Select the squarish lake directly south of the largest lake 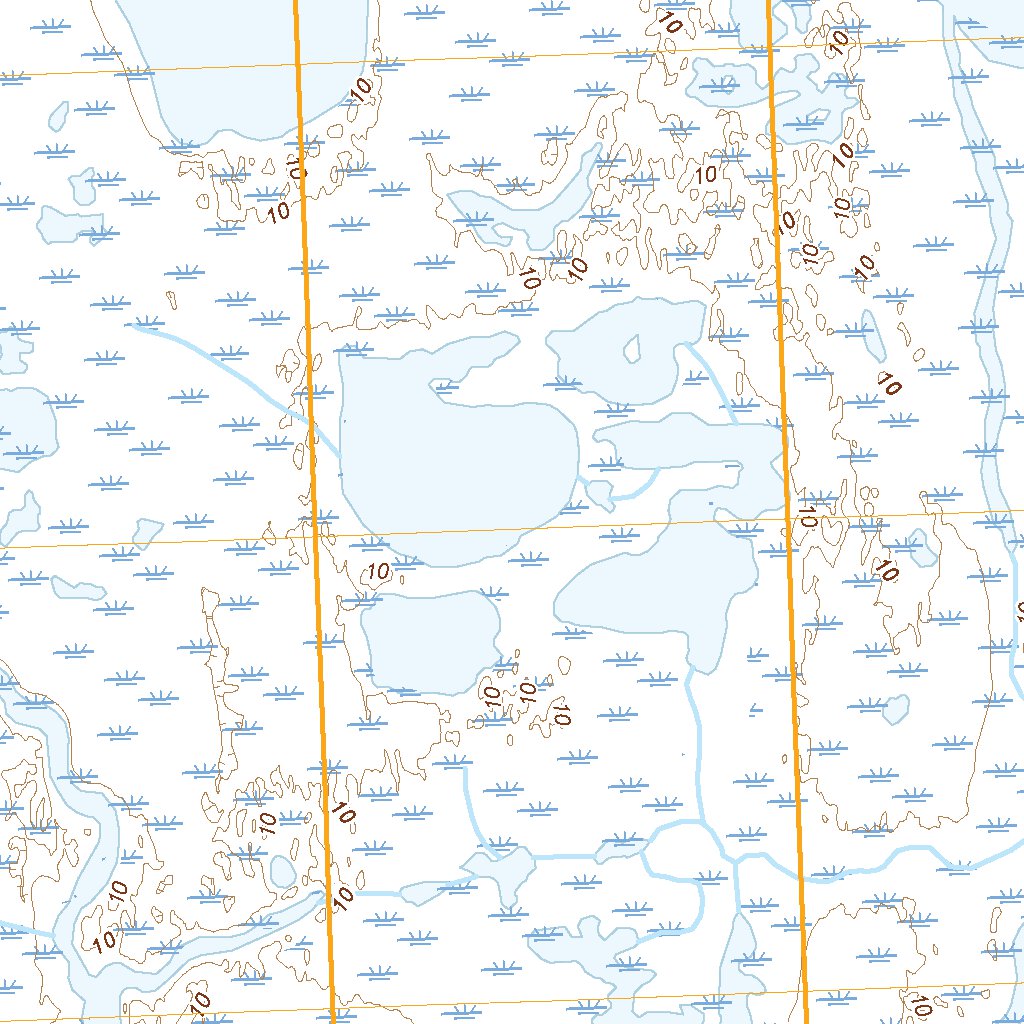tap(430, 640)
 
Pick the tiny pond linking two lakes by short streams tap(600, 491)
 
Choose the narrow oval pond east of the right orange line tap(874, 335)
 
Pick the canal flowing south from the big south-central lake tap(692, 740)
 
